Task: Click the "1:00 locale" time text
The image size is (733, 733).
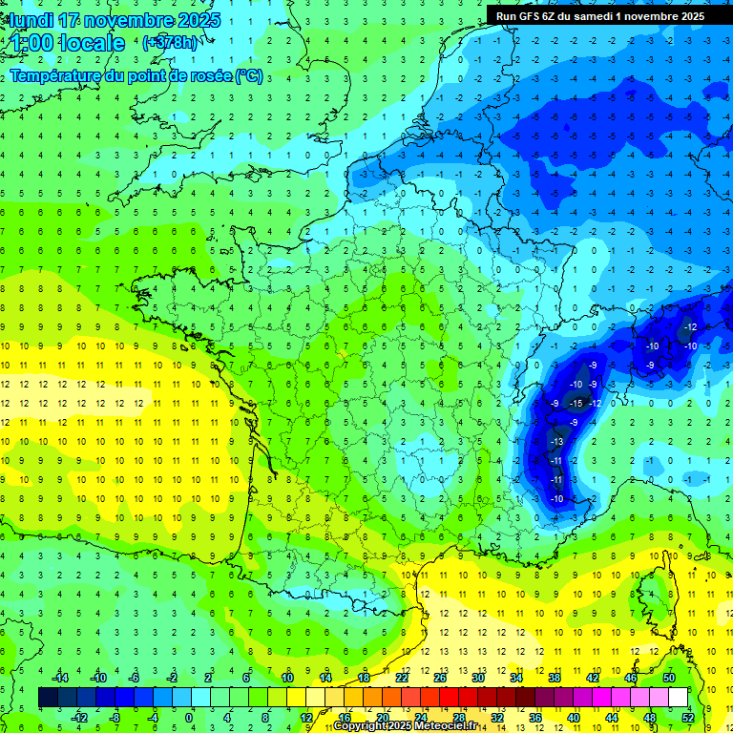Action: point(67,42)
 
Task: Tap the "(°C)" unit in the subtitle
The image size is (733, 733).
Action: point(248,76)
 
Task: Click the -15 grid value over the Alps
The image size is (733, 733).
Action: point(576,404)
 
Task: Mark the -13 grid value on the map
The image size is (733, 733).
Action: point(556,442)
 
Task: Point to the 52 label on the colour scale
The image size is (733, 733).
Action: point(688,717)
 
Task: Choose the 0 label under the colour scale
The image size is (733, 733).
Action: point(189,717)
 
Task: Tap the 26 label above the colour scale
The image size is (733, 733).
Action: point(440,678)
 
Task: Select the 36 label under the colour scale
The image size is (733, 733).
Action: point(535,717)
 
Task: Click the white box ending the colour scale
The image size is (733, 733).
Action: point(678,697)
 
